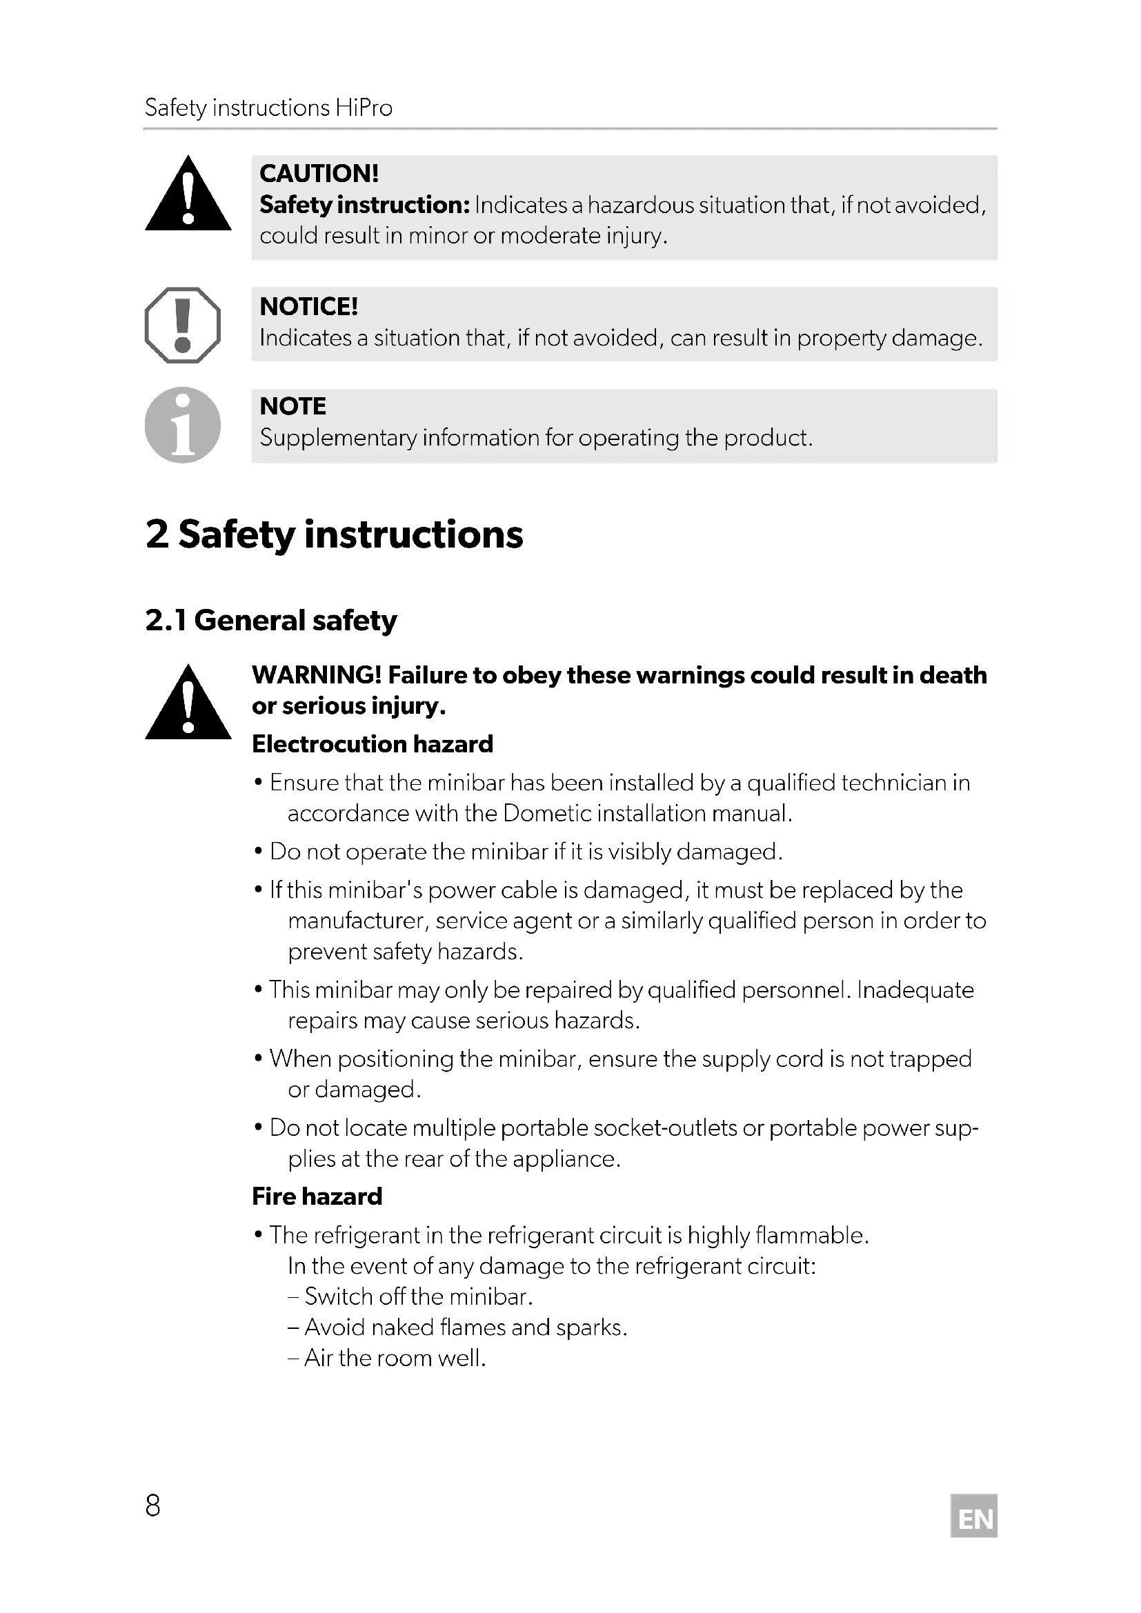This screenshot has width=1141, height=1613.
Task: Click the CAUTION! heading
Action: coord(318,174)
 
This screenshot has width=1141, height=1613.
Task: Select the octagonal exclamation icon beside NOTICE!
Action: coord(183,325)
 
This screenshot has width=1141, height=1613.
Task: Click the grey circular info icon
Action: coord(183,425)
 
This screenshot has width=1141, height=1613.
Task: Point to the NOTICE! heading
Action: coord(308,307)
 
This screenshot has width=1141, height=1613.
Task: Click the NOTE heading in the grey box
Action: coord(292,407)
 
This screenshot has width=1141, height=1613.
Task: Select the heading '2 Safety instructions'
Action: coord(334,535)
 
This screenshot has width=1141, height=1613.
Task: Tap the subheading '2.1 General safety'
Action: coord(270,621)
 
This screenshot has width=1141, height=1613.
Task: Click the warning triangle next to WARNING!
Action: coord(188,705)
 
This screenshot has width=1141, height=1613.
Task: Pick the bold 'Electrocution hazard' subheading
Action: coord(373,744)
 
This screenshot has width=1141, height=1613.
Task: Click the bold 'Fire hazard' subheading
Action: coord(317,1196)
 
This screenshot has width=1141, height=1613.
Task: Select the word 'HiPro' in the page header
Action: coord(364,108)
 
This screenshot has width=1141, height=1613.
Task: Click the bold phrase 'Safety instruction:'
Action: coord(364,205)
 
